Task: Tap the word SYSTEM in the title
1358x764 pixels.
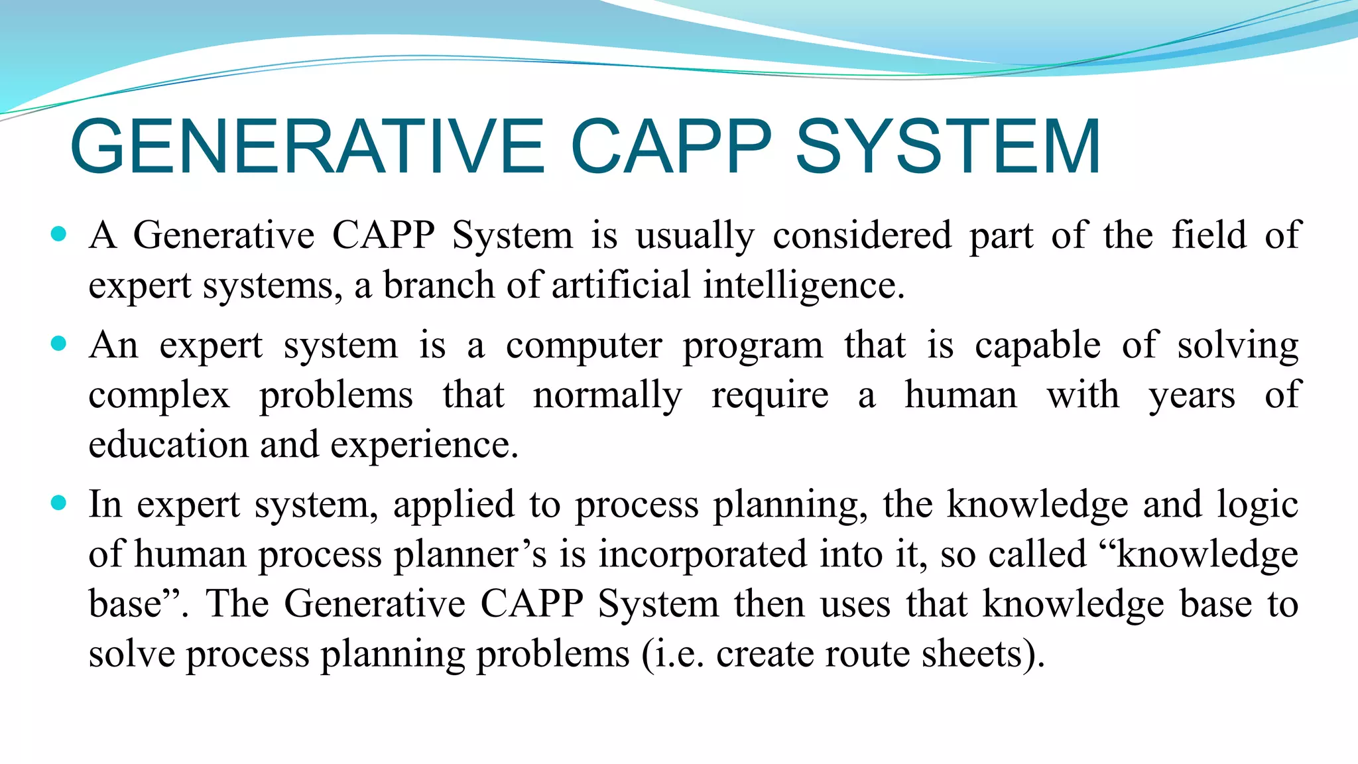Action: point(948,147)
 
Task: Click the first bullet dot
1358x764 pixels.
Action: point(59,233)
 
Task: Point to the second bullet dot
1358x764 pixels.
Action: point(59,344)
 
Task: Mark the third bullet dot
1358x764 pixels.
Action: point(59,503)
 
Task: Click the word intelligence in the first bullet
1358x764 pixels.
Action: point(803,286)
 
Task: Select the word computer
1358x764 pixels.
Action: point(584,346)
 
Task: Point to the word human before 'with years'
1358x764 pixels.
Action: point(961,395)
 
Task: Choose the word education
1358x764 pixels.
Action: point(168,444)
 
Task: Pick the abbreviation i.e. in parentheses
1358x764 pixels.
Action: point(678,654)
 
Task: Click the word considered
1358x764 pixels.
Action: point(862,235)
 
